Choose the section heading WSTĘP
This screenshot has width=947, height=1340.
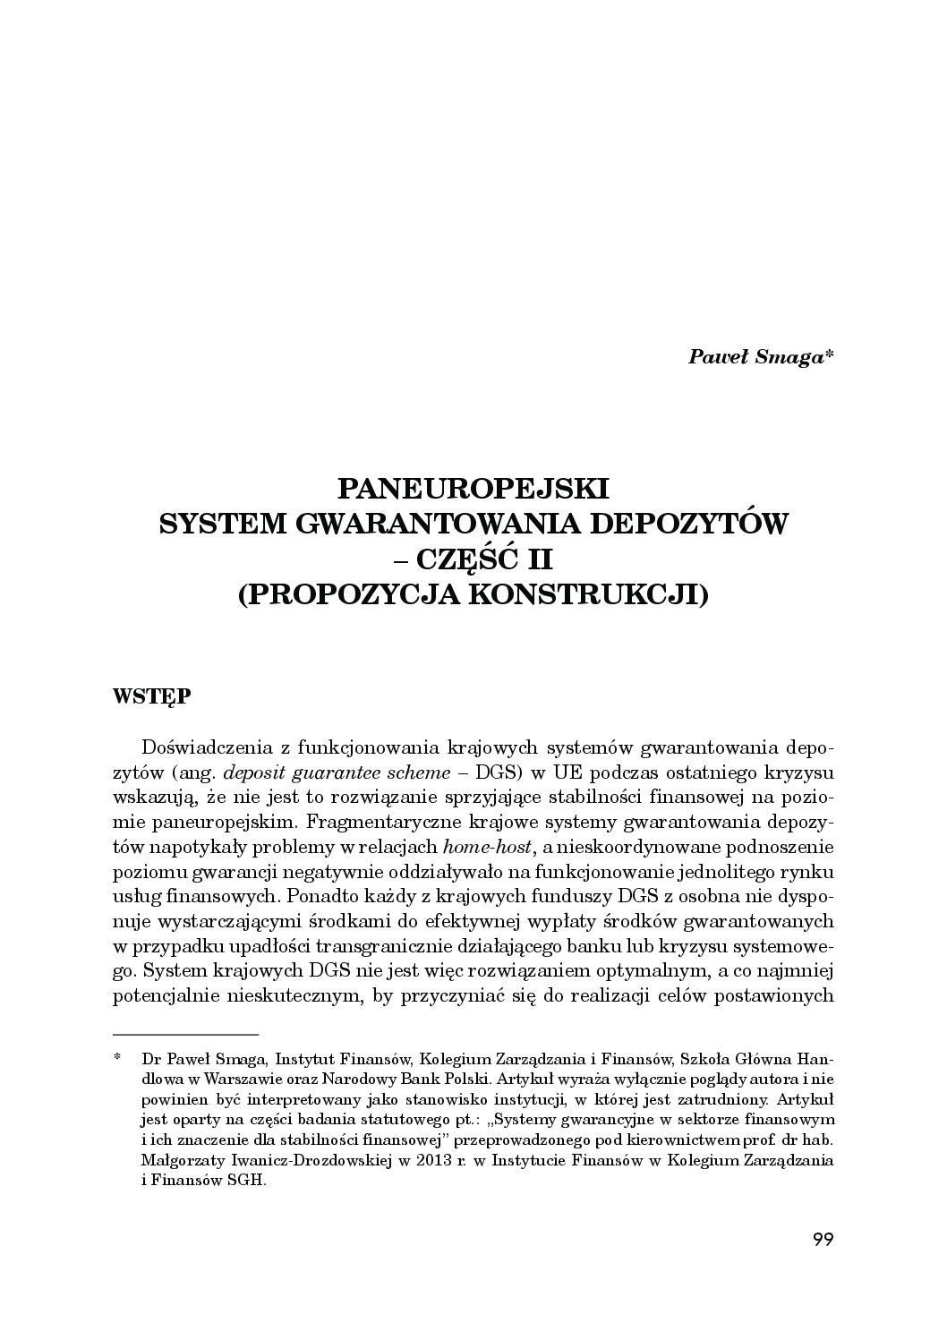tap(151, 696)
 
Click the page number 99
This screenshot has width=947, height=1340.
tap(823, 1240)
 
